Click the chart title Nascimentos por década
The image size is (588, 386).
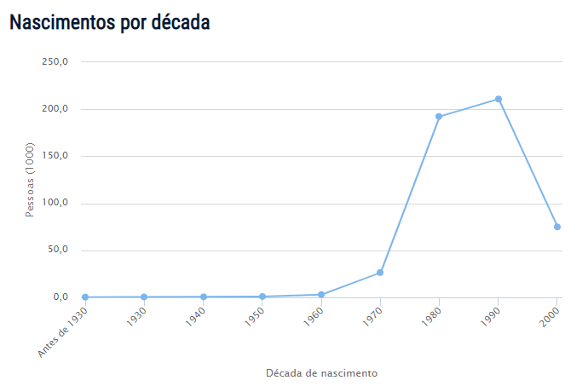[110, 23]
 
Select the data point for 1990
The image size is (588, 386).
[499, 99]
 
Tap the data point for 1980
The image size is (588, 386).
[439, 117]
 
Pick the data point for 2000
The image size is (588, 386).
[557, 227]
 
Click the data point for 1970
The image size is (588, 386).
[380, 273]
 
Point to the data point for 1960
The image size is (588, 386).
[321, 295]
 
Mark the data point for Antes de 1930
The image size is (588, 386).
[85, 297]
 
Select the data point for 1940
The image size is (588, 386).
[204, 297]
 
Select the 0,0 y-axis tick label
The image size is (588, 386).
[60, 297]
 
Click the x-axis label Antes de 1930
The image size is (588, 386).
[64, 331]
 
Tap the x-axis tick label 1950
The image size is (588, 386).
[253, 319]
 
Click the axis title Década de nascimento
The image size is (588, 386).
[321, 373]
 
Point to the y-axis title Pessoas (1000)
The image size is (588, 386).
[29, 180]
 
